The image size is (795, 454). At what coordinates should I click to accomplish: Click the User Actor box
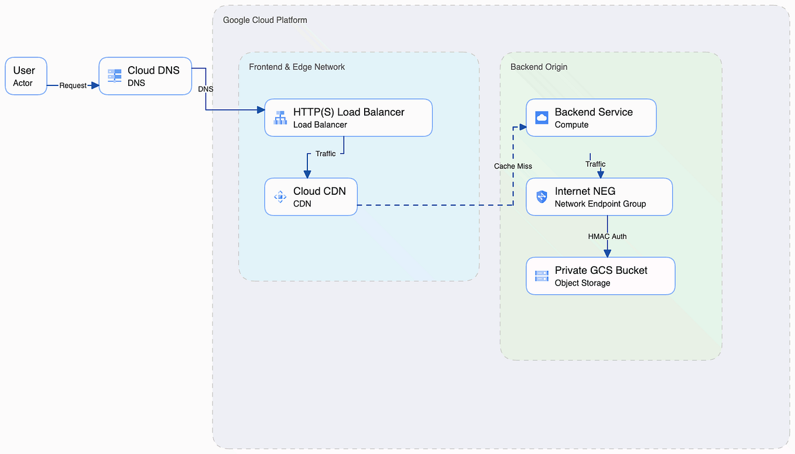click(x=26, y=76)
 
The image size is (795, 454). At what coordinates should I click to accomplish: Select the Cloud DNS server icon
click(x=114, y=76)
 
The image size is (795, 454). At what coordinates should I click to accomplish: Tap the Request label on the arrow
click(x=73, y=85)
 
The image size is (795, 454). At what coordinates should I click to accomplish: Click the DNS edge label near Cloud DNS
click(x=205, y=89)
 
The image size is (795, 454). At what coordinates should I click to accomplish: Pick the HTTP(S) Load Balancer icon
click(x=280, y=118)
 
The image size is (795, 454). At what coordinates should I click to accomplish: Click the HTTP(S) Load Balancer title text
click(x=348, y=112)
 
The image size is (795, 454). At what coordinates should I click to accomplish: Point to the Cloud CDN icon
click(x=280, y=197)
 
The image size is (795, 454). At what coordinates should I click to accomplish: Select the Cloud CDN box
click(x=311, y=197)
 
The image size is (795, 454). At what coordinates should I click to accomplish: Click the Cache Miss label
click(x=513, y=166)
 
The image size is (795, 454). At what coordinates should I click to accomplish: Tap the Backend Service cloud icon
click(x=542, y=118)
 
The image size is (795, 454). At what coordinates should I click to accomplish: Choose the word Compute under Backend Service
click(x=571, y=125)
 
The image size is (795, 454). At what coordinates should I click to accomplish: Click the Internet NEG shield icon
click(x=542, y=197)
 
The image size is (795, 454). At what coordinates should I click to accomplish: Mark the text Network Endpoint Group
click(x=600, y=204)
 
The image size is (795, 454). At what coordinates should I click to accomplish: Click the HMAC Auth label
click(x=607, y=236)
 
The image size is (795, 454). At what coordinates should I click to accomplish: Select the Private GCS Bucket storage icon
click(x=542, y=276)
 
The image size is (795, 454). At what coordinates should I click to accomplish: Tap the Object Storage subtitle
click(x=582, y=283)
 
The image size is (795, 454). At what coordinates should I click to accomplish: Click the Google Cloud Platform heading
click(x=265, y=20)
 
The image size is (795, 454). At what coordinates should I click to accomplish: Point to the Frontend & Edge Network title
click(x=297, y=67)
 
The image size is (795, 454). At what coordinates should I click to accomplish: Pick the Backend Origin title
click(x=539, y=67)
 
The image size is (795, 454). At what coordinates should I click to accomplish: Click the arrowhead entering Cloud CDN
click(x=307, y=174)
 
